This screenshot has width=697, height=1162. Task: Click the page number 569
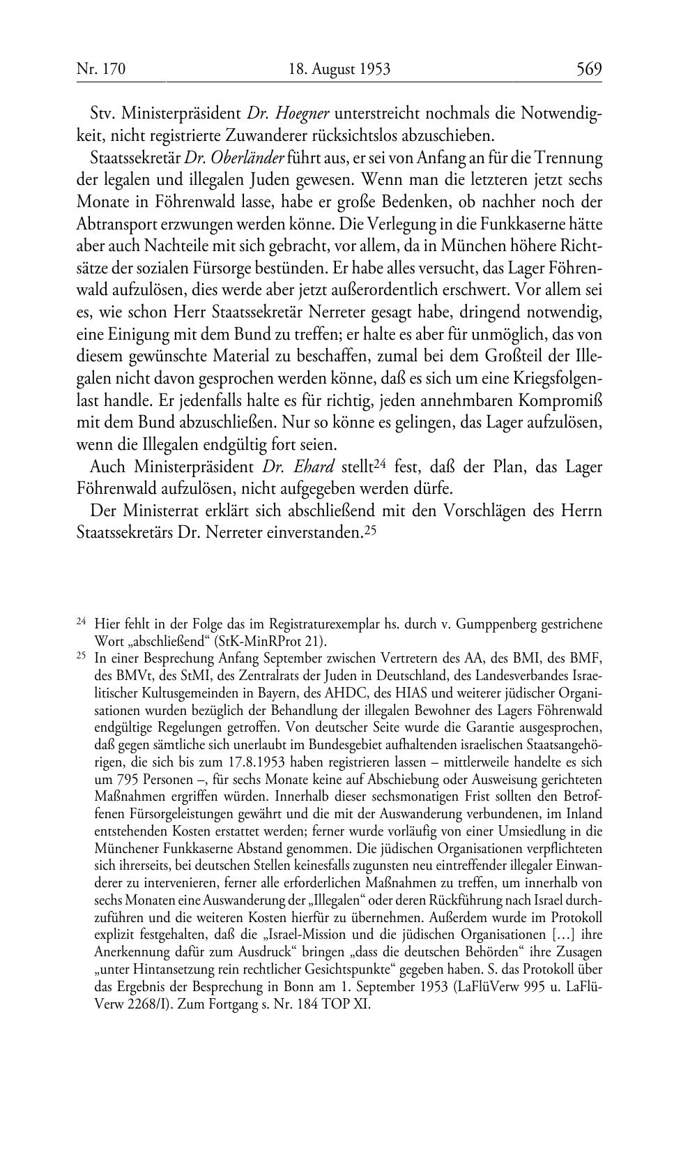coord(588,69)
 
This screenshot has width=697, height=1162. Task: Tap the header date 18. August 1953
coord(339,69)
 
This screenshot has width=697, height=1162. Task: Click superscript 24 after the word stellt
coord(378,463)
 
